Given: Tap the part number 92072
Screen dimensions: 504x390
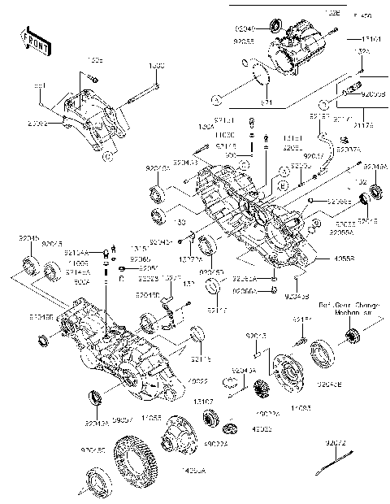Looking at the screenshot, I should tap(336, 443).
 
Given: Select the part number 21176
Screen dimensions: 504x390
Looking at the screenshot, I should tap(362, 125).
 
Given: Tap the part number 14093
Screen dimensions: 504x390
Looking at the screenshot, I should tap(300, 406).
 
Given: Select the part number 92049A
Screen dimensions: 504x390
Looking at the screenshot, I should tap(375, 166).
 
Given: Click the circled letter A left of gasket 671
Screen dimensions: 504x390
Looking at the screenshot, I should tap(216, 101).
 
